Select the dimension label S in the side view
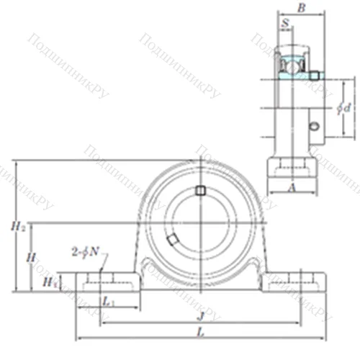click(x=287, y=24)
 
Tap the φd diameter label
click(x=345, y=108)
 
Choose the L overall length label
click(x=200, y=332)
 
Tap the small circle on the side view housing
click(x=313, y=127)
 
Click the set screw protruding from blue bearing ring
click(x=314, y=75)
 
